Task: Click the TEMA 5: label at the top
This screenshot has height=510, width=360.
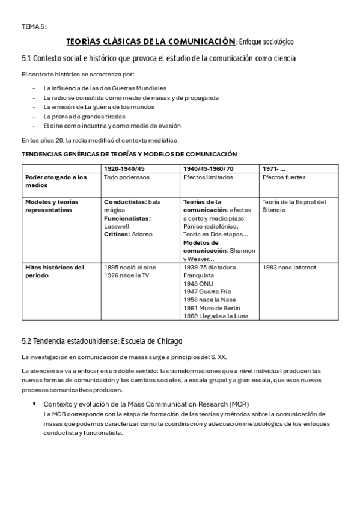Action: click(x=34, y=26)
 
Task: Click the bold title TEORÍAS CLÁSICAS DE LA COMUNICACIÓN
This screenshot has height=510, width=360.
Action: click(x=150, y=41)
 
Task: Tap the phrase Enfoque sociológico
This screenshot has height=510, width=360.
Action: click(x=266, y=42)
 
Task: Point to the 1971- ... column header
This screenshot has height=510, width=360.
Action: click(x=274, y=169)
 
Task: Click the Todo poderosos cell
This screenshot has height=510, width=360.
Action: click(x=126, y=177)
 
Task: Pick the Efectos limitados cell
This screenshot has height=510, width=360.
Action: click(x=205, y=177)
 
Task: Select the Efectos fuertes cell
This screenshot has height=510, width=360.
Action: click(x=284, y=177)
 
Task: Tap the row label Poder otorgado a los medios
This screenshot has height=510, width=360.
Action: click(x=55, y=181)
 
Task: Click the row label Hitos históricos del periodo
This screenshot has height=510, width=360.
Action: click(x=55, y=271)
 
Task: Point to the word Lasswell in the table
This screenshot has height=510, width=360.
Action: click(x=117, y=226)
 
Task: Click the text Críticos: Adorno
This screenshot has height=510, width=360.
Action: click(x=128, y=234)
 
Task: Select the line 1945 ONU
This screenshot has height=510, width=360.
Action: click(x=199, y=283)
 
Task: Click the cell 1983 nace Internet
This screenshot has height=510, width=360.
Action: click(x=289, y=267)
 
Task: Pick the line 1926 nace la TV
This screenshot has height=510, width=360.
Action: click(x=127, y=275)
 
